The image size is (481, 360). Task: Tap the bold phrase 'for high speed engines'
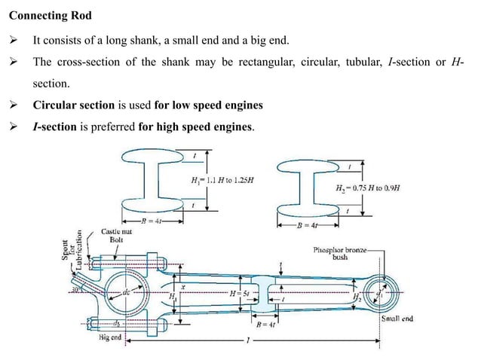(x=197, y=127)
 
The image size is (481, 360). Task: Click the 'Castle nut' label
(x=118, y=233)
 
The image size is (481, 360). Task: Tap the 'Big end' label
(x=111, y=338)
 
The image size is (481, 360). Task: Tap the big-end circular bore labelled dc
(x=124, y=292)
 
